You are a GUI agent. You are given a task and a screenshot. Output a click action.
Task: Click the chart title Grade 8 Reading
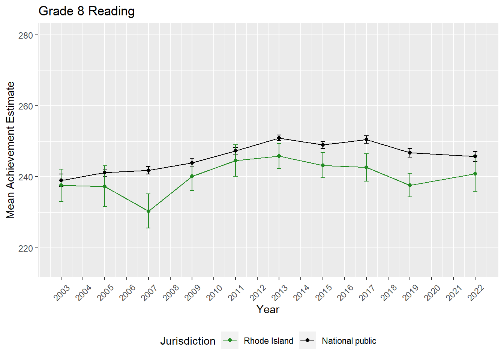[87, 11]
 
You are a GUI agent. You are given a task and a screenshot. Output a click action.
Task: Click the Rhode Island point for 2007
[148, 211]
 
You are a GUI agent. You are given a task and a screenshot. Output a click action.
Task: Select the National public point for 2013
[279, 138]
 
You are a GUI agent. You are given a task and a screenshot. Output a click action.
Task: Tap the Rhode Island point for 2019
[410, 185]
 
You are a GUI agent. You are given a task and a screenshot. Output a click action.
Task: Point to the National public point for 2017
[366, 139]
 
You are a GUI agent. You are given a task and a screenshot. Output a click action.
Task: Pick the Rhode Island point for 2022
[475, 174]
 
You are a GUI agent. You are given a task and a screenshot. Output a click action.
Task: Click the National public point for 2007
[148, 170]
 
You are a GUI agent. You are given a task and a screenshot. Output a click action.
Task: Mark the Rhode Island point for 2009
[192, 176]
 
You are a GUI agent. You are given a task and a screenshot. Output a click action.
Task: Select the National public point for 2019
[410, 153]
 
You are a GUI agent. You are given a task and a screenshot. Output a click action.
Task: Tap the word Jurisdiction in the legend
[187, 341]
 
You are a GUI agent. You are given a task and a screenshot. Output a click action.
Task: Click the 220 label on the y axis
[25, 248]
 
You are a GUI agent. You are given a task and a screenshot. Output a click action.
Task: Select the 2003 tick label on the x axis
[62, 292]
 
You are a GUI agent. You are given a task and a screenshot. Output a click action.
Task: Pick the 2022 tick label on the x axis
[476, 292]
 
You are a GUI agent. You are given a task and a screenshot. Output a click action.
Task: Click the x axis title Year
[268, 309]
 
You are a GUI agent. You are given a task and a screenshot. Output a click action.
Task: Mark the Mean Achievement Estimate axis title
[10, 150]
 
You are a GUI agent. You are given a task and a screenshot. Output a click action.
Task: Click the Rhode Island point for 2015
[323, 165]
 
